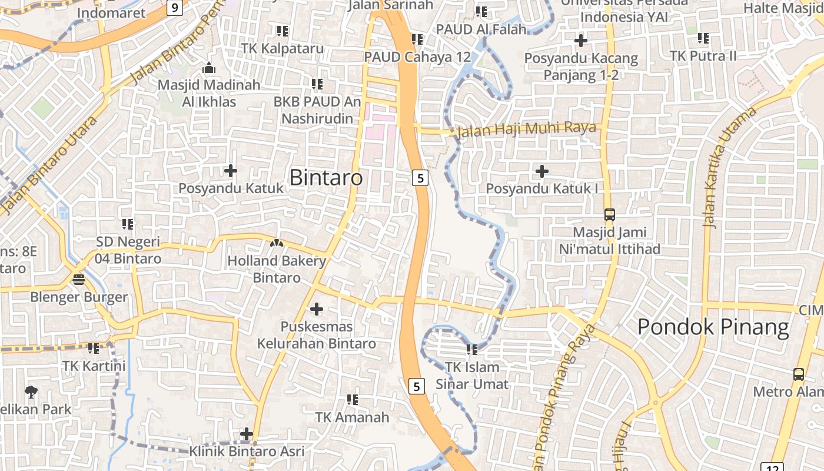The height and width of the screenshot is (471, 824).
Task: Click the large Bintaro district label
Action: (326, 177)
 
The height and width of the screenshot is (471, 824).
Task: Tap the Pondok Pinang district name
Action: (713, 327)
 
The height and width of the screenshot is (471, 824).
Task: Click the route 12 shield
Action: (775, 467)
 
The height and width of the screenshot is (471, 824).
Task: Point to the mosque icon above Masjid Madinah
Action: (209, 68)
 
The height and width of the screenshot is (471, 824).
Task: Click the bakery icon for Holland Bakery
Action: (277, 243)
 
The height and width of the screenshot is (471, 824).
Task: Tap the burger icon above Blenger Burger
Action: (79, 279)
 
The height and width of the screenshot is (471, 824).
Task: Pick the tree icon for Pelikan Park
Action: (31, 392)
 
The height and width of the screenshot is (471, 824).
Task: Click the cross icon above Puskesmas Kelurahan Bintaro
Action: (317, 309)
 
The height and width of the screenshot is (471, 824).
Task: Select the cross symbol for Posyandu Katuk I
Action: (542, 171)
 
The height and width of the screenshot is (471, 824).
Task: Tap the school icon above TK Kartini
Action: (94, 349)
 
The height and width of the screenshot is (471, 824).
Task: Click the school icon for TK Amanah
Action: (353, 400)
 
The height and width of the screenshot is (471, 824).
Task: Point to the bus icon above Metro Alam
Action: (798, 374)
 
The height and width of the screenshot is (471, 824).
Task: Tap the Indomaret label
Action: (111, 13)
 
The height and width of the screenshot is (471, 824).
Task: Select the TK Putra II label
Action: (703, 56)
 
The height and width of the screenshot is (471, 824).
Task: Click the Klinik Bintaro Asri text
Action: (247, 452)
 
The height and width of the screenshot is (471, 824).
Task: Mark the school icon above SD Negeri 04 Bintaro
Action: (128, 224)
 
